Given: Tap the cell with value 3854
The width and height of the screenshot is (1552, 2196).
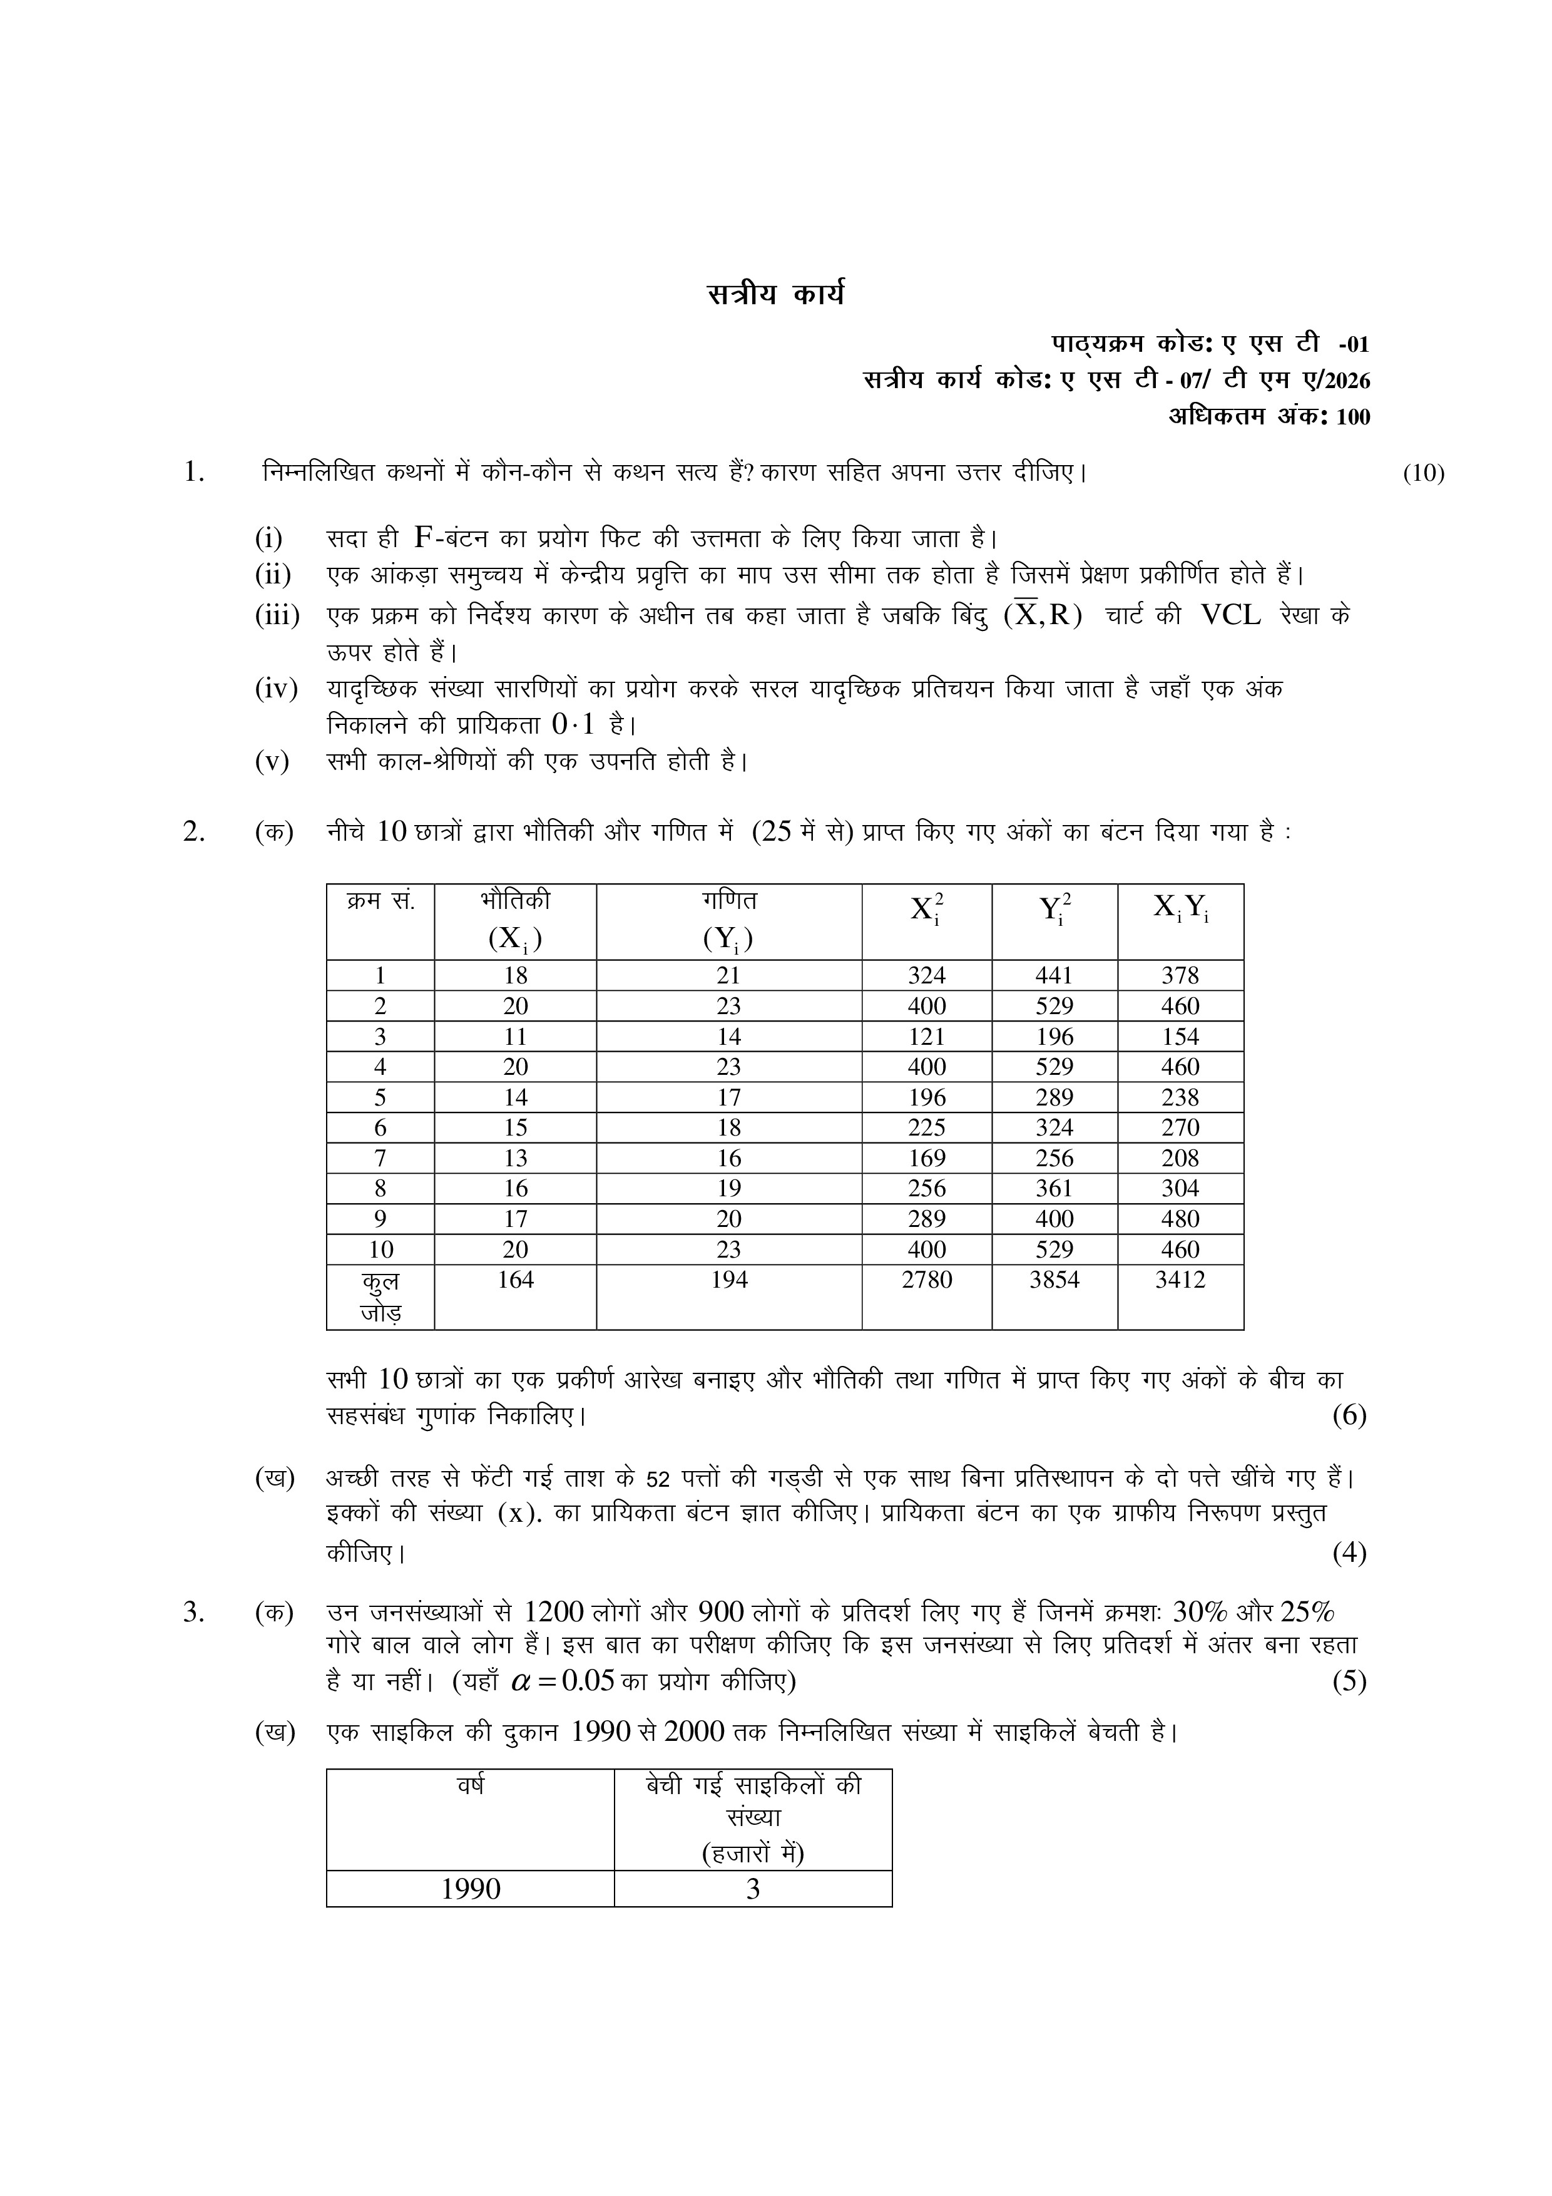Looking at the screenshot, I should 1054,1280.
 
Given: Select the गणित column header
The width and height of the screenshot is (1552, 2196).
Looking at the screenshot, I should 728,901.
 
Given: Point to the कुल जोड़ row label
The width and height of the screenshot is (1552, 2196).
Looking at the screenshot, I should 380,1296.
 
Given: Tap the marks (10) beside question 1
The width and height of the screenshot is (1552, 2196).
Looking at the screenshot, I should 1423,473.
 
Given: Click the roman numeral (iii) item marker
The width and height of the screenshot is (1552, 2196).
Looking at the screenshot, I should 277,615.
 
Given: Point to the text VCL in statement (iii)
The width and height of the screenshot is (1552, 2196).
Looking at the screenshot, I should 1230,615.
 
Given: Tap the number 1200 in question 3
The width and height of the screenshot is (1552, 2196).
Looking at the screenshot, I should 554,1613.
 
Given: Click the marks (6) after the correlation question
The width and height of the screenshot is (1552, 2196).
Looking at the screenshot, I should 1349,1415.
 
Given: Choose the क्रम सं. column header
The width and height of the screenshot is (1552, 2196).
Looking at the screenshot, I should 380,901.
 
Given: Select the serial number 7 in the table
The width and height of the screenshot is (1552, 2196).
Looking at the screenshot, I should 380,1158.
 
